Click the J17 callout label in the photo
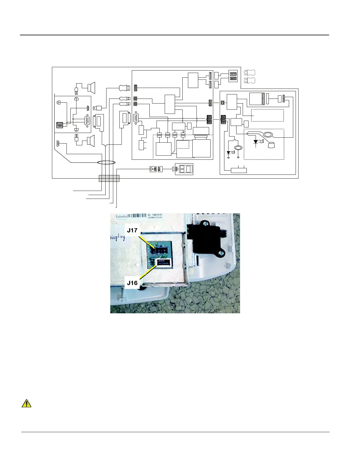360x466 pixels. (132, 230)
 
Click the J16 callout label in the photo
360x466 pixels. (132, 283)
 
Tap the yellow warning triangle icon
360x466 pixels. (26, 403)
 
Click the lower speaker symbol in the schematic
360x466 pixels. (91, 141)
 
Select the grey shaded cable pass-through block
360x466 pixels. (109, 178)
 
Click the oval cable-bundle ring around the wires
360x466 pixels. (106, 162)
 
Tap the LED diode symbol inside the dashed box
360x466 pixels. (256, 142)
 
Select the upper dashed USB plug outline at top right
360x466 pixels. (249, 73)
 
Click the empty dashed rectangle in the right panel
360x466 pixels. (267, 115)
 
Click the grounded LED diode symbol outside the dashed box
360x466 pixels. (229, 153)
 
